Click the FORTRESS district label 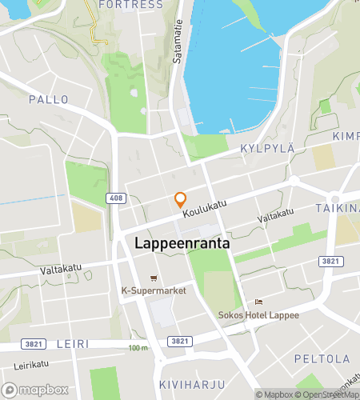point(130,5)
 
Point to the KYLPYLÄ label point(268,148)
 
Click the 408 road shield point(116,197)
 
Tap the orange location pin point(181,200)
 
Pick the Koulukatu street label point(204,209)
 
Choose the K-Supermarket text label point(154,290)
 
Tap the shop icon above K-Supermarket point(154,277)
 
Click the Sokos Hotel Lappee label point(258,314)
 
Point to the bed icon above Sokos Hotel point(258,302)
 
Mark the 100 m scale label point(138,347)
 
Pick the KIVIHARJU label point(186,385)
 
